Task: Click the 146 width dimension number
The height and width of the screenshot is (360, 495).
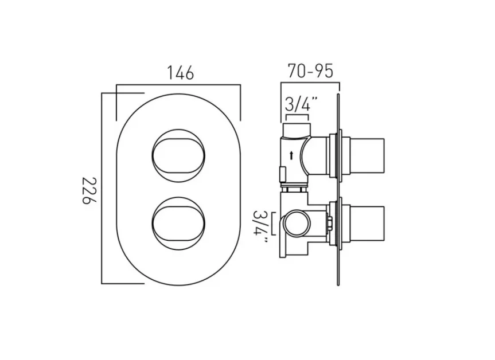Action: [x=180, y=73]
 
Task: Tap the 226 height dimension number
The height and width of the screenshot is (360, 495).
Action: [x=86, y=189]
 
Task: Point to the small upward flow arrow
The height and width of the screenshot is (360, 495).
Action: [x=292, y=154]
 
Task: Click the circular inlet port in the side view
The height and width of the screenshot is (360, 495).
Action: [x=297, y=222]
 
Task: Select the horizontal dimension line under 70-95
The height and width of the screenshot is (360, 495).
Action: [x=310, y=84]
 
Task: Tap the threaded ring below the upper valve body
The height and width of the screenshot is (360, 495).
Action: [x=294, y=186]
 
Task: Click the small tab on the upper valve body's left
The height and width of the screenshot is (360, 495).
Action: [x=282, y=170]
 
